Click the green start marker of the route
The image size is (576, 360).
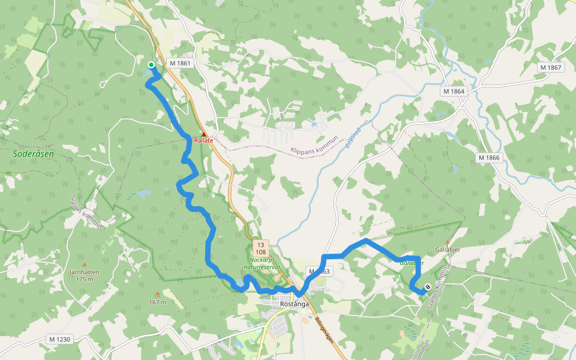pyautogui.click(x=151, y=65)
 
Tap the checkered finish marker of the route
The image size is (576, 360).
pyautogui.click(x=427, y=287)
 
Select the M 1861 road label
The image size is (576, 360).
pyautogui.click(x=180, y=63)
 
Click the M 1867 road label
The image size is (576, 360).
pyautogui.click(x=550, y=67)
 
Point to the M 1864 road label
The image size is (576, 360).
pyautogui.click(x=454, y=91)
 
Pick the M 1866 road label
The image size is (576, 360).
pyautogui.click(x=489, y=157)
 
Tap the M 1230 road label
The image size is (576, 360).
pyautogui.click(x=60, y=340)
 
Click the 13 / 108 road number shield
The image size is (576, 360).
pyautogui.click(x=261, y=248)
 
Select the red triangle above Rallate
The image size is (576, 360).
pyautogui.click(x=204, y=134)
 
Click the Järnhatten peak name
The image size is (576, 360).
pyautogui.click(x=84, y=272)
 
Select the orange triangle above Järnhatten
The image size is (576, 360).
pyautogui.click(x=84, y=265)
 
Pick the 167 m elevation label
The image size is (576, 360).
pyautogui.click(x=158, y=302)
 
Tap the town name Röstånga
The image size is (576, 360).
pyautogui.click(x=295, y=304)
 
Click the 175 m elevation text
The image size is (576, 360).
pyautogui.click(x=85, y=279)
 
